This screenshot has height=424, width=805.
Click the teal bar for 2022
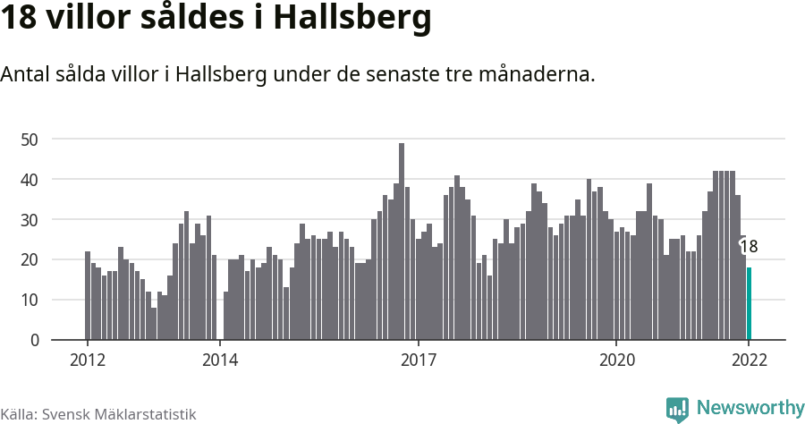click(749, 304)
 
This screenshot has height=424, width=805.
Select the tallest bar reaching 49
click(402, 242)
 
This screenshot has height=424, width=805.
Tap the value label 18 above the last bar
click(749, 247)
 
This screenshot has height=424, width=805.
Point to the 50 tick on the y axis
click(30, 139)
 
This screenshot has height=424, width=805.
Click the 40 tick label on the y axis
click(30, 179)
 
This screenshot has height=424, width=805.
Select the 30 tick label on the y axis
click(30, 219)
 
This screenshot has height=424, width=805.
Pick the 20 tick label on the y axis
click(30, 259)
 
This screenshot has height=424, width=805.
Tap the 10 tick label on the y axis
click(30, 300)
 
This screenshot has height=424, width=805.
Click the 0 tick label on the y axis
click(34, 340)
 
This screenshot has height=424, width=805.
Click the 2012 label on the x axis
click(88, 360)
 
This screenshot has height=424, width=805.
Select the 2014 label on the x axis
click(220, 360)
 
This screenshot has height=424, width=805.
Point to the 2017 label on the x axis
click(418, 360)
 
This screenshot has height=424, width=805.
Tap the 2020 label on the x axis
click(616, 360)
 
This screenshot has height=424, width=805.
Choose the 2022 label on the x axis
click(749, 360)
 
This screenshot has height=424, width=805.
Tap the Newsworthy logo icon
click(677, 409)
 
